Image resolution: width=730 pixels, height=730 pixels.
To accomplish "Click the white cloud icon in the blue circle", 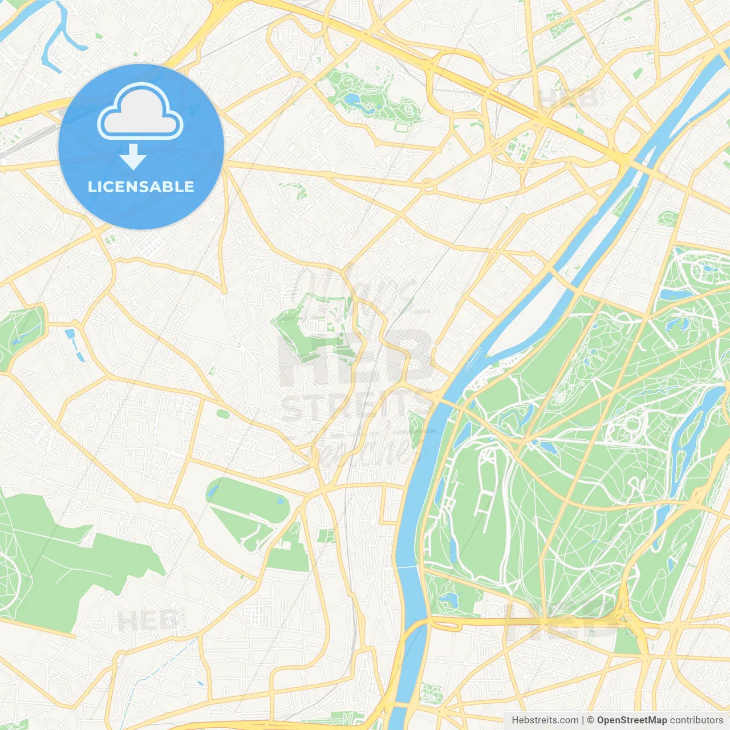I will pyautogui.click(x=140, y=111).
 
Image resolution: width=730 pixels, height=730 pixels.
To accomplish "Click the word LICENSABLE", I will pyautogui.click(x=141, y=186).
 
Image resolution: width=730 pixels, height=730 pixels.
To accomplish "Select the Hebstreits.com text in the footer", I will pyautogui.click(x=545, y=720).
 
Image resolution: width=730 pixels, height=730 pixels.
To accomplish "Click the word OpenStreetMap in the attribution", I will pyautogui.click(x=631, y=720).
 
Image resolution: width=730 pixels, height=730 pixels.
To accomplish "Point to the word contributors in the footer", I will pyautogui.click(x=696, y=720).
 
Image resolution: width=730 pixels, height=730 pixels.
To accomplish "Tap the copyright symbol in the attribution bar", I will pyautogui.click(x=590, y=720).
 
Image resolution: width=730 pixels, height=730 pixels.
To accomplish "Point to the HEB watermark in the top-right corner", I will pyautogui.click(x=570, y=98).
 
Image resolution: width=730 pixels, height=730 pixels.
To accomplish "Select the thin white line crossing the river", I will pyautogui.click(x=408, y=567).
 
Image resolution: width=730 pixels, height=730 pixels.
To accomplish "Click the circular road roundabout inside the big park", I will pyautogui.click(x=631, y=425).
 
